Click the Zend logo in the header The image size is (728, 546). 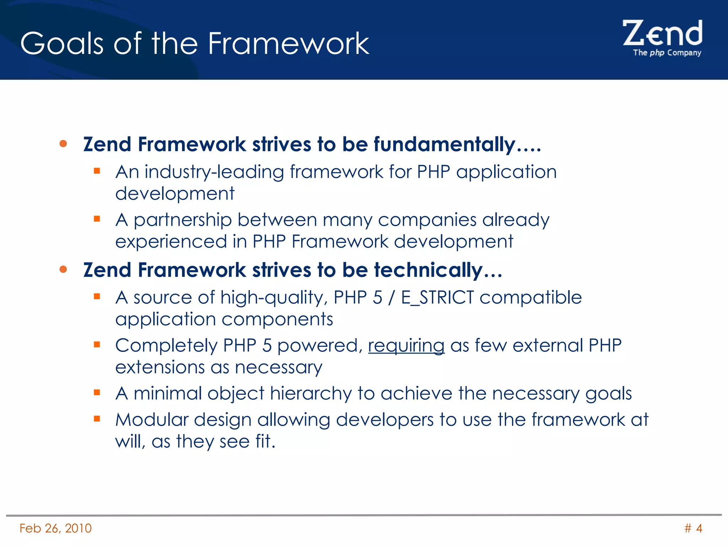663,34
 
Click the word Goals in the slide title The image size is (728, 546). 61,43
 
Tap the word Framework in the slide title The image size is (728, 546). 288,43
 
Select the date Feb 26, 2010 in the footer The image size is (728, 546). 55,528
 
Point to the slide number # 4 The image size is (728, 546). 693,528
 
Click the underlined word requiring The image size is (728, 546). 406,346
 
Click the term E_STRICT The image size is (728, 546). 437,298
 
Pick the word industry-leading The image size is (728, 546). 214,172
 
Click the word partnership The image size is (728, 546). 183,220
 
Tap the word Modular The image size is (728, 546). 152,420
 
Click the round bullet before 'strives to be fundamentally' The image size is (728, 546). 63,144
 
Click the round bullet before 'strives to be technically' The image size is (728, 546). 63,269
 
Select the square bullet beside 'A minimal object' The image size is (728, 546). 97,392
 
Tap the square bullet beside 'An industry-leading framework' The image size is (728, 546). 97,171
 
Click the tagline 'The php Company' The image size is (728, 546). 667,53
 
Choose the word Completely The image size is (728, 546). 166,346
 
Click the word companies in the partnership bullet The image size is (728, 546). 427,220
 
